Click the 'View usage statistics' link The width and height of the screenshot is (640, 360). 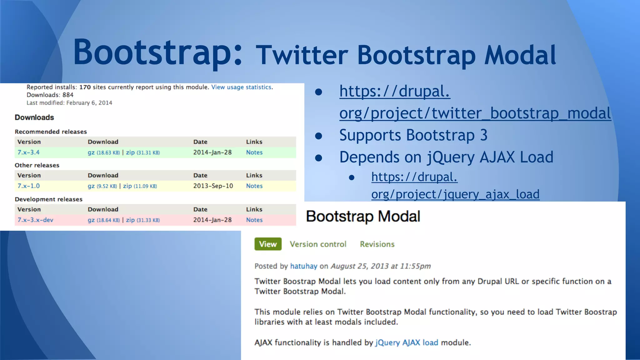click(x=241, y=87)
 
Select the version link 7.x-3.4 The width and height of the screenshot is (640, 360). click(x=28, y=152)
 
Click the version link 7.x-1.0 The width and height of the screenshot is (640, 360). click(x=28, y=186)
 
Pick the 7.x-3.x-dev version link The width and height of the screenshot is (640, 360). click(x=35, y=220)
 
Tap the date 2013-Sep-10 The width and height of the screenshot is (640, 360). click(x=213, y=186)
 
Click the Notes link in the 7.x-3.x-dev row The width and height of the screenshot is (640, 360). click(x=254, y=220)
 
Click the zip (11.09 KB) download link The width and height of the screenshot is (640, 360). click(x=140, y=186)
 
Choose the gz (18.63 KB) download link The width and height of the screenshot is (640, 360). click(x=103, y=152)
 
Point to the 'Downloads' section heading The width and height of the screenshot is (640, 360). click(x=34, y=117)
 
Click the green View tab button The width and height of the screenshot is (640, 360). click(x=268, y=244)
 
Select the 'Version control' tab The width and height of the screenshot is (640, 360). click(x=318, y=244)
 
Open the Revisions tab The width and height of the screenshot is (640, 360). click(x=377, y=244)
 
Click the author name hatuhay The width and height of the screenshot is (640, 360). click(x=303, y=266)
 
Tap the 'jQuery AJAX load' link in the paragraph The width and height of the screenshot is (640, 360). click(x=407, y=343)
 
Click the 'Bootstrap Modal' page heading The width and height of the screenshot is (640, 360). click(x=363, y=217)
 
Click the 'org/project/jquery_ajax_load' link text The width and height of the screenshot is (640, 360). click(x=455, y=194)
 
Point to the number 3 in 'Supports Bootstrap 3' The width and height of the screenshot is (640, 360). click(x=483, y=135)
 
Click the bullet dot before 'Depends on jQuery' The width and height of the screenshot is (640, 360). click(x=318, y=158)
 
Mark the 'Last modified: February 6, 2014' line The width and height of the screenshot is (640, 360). click(x=69, y=103)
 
